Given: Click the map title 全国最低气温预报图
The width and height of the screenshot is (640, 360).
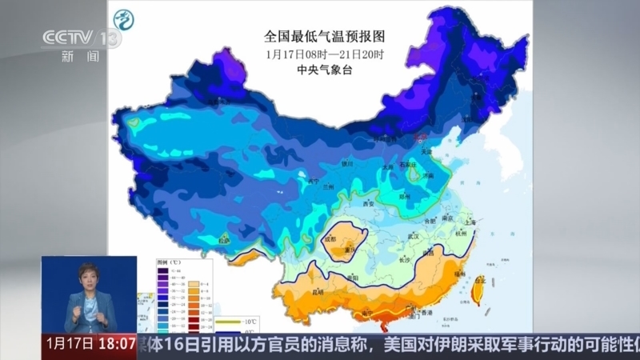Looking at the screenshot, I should point(324,37).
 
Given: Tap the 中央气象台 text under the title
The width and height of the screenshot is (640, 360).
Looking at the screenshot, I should point(324,70).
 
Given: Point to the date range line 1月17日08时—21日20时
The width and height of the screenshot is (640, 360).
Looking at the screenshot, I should point(324,54).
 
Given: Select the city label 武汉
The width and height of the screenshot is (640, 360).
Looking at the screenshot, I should point(414,236).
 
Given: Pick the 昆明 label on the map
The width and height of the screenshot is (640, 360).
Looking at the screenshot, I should point(318,291).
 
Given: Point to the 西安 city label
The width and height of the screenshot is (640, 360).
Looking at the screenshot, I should point(369,204).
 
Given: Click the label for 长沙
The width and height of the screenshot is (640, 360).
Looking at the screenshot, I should point(405,259).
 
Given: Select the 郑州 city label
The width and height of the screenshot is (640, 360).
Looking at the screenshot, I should point(407,194).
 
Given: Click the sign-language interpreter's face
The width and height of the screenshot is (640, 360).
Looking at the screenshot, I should point(87,279).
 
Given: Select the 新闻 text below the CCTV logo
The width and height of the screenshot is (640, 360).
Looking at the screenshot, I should point(81,57).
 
